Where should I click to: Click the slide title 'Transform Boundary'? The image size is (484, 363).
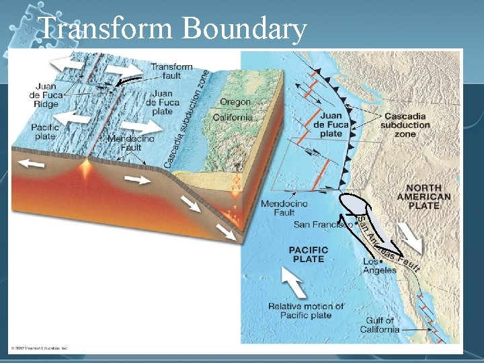[x=173, y=29]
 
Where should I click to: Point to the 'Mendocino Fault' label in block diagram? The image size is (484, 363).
[x=130, y=143]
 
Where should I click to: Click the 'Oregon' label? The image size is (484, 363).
[x=235, y=102]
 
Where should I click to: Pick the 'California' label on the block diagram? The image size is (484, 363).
[x=233, y=117]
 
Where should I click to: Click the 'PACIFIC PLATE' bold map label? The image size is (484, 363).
[x=309, y=254]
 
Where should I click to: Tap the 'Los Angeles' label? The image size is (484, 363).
[x=379, y=266]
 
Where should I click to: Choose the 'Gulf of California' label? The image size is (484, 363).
[x=380, y=325]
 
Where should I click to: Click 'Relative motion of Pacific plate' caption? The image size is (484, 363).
[x=306, y=311]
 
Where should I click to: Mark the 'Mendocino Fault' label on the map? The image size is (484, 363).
[x=284, y=208]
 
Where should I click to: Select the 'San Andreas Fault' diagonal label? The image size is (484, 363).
[x=387, y=245]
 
